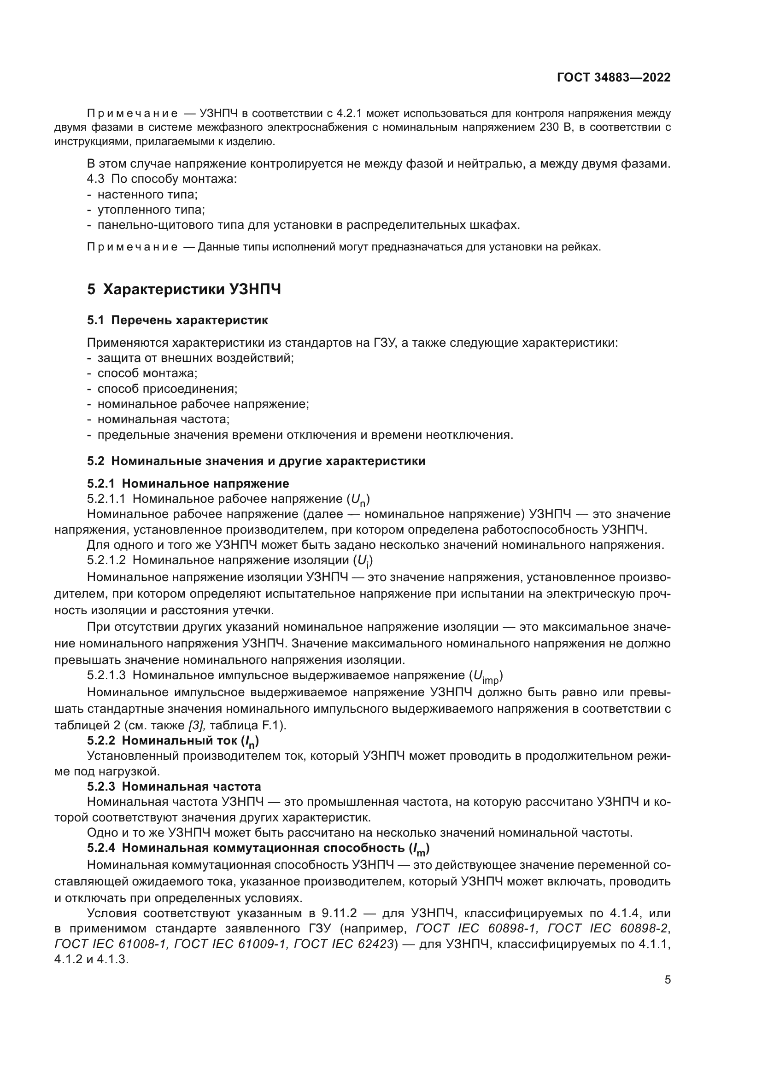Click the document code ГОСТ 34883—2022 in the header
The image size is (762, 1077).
[x=613, y=77]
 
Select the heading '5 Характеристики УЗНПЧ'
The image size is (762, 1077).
[x=184, y=290]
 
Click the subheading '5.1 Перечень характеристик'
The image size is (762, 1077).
[x=177, y=320]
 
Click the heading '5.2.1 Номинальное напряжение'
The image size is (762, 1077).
[x=188, y=483]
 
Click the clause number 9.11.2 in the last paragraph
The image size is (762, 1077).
[x=340, y=913]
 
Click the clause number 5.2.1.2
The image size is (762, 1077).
[x=106, y=560]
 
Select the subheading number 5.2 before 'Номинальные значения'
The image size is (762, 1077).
[x=96, y=461]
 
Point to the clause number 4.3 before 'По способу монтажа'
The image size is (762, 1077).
[x=96, y=179]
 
